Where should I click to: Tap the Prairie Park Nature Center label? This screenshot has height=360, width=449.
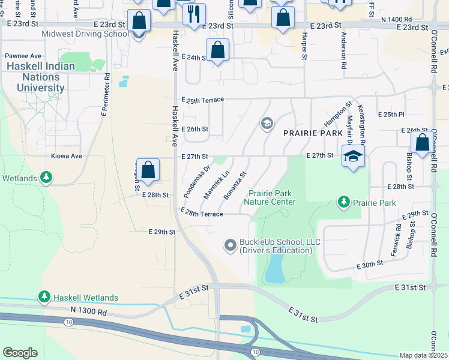point(270,197)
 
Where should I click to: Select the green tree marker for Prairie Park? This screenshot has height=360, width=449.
point(344,202)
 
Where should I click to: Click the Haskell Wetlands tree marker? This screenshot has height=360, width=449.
point(44,297)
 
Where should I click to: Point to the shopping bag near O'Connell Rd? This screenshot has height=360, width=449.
point(422,143)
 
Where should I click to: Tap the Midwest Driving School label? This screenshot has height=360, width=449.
point(85,34)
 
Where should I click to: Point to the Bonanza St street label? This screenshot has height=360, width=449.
point(235,185)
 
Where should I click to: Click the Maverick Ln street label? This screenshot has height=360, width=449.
point(217,183)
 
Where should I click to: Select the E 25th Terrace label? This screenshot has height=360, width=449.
point(202,99)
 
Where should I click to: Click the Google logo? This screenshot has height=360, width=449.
point(20,353)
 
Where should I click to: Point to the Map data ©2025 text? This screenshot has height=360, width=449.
point(423,355)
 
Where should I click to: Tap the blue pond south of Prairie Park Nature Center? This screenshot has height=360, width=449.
point(275,268)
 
